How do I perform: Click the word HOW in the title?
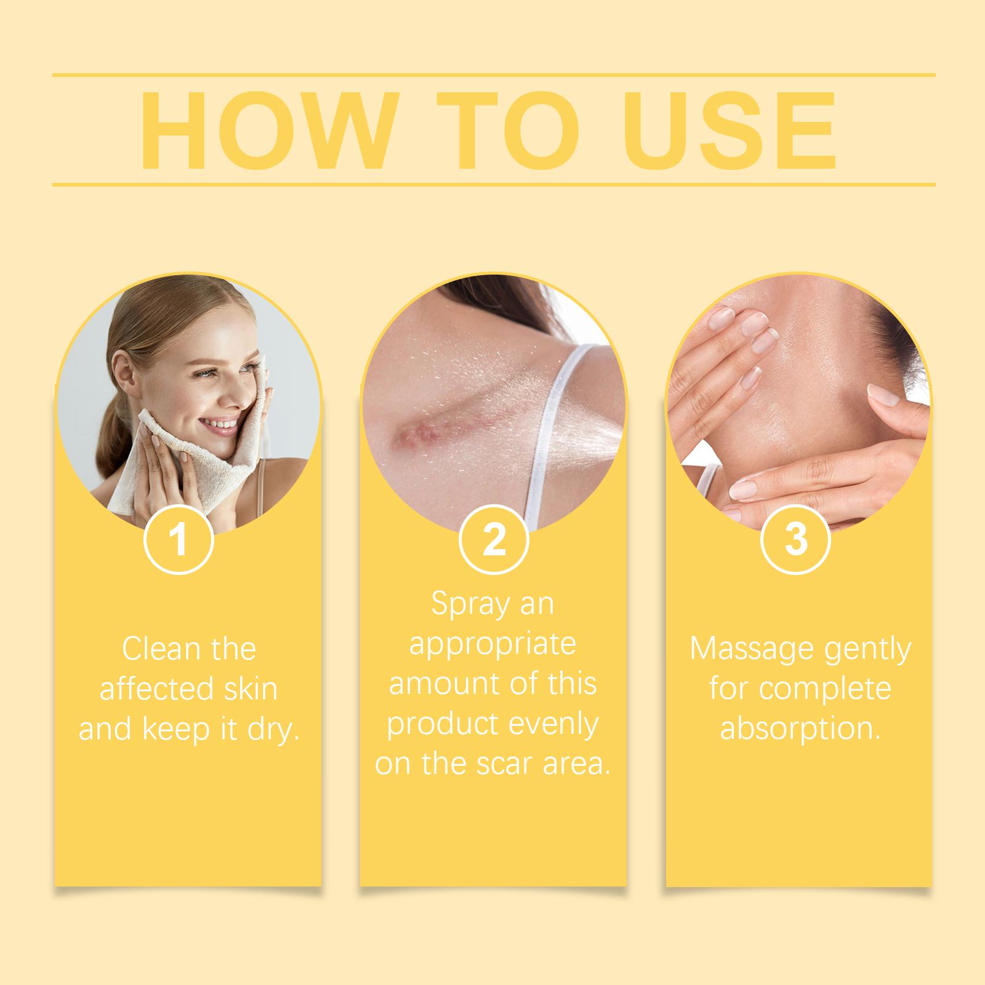coord(265,131)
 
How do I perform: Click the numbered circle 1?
coord(179,539)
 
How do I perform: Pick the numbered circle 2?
coord(494,539)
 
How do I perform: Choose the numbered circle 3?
coord(796,539)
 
